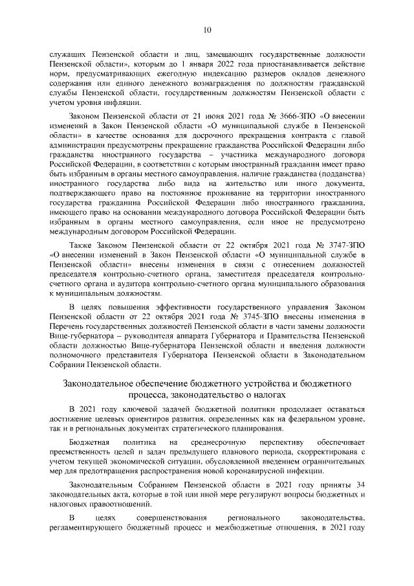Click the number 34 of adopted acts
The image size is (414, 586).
click(x=360, y=484)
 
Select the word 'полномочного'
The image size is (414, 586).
click(x=76, y=354)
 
